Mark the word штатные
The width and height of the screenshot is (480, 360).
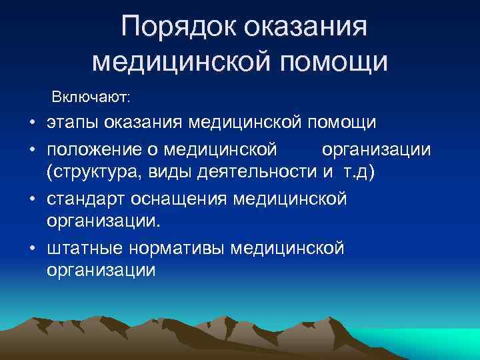(81, 248)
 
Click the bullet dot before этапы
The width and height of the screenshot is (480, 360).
(32, 124)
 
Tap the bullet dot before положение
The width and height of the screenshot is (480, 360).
(32, 149)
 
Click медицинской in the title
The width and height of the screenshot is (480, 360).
(180, 61)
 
